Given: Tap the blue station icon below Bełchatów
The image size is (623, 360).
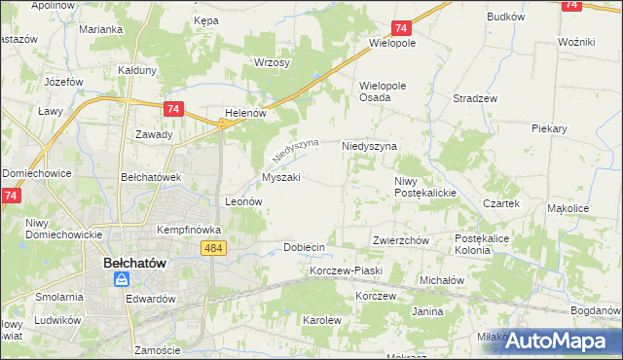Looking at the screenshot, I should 122,279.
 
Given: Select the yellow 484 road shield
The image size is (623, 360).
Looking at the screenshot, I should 216,249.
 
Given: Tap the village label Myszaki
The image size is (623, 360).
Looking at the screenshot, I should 280,178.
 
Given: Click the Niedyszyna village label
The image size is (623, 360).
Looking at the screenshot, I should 369,146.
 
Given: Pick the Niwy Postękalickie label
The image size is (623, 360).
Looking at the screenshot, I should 425,187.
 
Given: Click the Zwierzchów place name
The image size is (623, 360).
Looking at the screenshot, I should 401,240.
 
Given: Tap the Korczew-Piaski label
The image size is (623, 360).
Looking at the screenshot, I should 346,270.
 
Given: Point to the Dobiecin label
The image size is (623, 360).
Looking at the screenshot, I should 304,247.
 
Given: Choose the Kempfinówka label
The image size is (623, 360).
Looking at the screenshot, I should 190,230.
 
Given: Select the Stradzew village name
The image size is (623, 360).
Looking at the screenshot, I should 475,98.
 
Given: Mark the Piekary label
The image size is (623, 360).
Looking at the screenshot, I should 550,127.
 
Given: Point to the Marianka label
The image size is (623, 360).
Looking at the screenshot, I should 101,29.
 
